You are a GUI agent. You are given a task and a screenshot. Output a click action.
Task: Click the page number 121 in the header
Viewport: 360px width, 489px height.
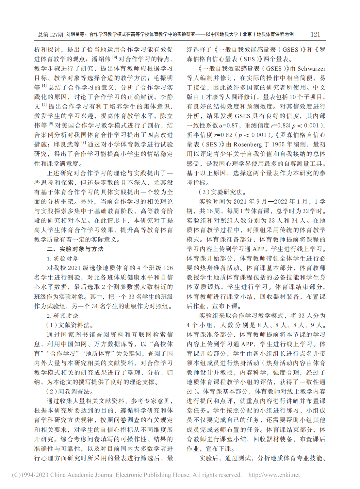315,34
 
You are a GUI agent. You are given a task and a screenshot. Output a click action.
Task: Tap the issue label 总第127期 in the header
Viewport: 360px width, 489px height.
50,34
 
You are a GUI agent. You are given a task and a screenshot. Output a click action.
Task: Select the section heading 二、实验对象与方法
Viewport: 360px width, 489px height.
75,249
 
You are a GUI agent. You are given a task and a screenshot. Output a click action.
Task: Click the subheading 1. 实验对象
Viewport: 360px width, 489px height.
63,259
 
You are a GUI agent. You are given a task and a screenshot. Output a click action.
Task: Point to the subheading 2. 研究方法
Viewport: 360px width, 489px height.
62,315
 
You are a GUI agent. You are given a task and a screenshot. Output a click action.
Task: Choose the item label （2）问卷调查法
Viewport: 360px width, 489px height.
70,391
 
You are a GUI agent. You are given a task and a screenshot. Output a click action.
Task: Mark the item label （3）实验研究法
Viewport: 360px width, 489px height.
222,192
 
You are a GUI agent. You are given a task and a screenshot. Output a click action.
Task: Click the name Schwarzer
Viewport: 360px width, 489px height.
311,69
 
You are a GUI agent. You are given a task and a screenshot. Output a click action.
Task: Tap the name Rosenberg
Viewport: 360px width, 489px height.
248,144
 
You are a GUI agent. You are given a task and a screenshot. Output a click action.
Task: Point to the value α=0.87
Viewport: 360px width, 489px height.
228,126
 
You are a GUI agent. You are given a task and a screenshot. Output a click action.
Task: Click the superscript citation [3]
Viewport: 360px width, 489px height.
115,58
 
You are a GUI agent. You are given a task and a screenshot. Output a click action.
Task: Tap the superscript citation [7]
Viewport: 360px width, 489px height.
84,143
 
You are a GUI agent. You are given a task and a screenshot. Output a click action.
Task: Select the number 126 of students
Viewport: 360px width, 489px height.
168,268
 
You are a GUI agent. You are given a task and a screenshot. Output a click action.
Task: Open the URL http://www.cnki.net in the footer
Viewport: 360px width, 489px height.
274,475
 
